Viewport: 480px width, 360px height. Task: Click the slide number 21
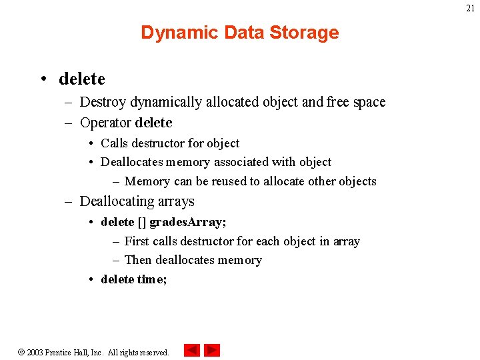click(470, 9)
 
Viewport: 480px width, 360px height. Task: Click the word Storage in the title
click(306, 33)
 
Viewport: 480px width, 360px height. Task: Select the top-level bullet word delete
click(82, 79)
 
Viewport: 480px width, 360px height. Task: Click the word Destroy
click(103, 102)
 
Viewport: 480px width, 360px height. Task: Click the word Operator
click(105, 123)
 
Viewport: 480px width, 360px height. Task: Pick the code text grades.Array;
click(188, 222)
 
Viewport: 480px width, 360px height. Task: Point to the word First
click(137, 241)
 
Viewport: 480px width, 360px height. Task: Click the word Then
click(138, 260)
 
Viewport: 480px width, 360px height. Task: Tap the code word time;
click(152, 279)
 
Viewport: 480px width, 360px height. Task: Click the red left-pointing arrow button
click(191, 350)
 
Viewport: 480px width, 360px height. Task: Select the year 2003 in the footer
click(35, 352)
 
